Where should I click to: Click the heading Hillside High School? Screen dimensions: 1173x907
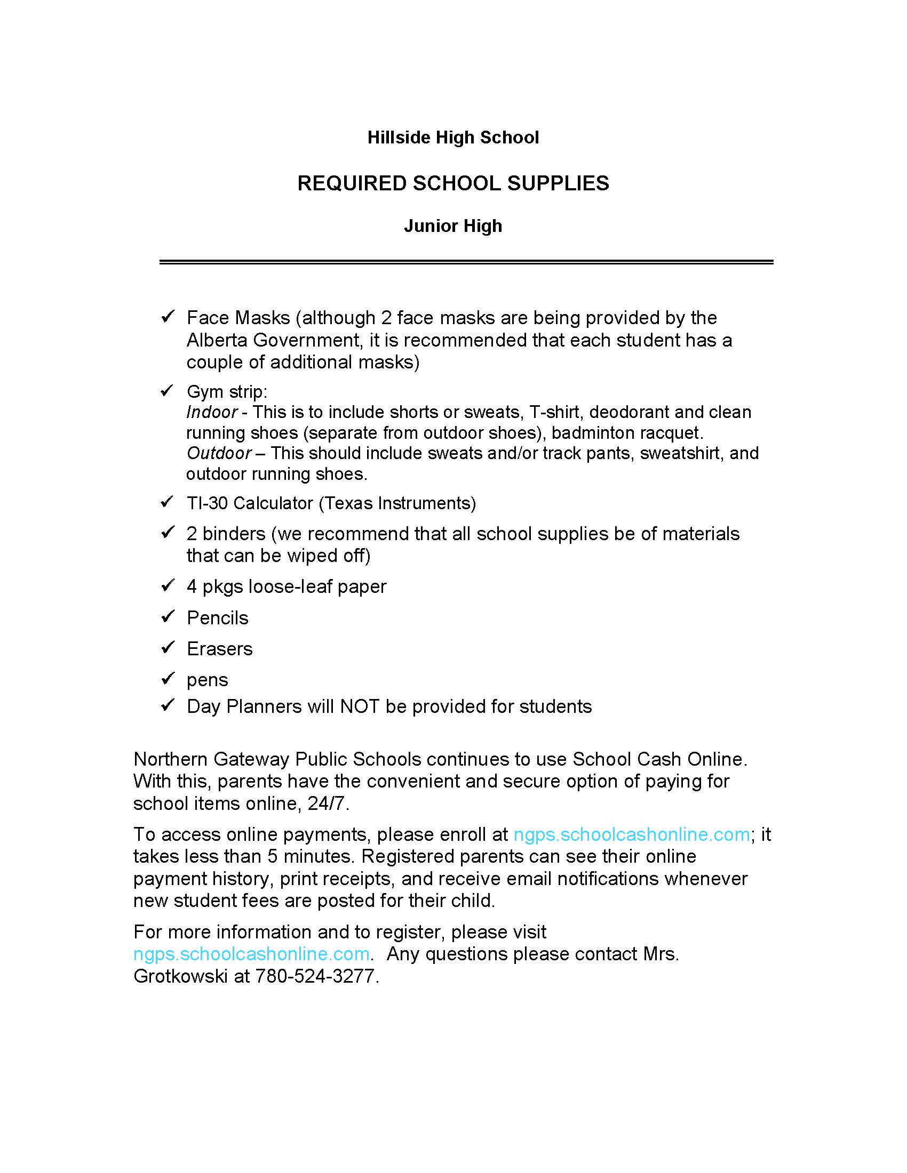coord(453,138)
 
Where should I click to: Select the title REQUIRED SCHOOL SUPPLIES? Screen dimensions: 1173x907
coord(453,184)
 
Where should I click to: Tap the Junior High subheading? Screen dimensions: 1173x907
coord(453,226)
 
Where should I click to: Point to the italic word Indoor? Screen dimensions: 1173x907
coord(212,412)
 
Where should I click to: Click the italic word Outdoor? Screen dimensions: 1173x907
coord(219,453)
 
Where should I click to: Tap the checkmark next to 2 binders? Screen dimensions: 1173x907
coord(168,532)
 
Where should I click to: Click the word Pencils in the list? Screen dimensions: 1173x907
coord(218,618)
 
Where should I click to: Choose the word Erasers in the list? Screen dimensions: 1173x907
coord(220,649)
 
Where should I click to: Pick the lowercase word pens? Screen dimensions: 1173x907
coord(208,680)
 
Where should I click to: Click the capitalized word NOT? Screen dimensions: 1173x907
coord(360,706)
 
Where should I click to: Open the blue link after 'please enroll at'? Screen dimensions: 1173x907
coord(631,834)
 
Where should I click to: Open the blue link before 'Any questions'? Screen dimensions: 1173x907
coord(251,954)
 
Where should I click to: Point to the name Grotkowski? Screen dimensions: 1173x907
coord(180,976)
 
